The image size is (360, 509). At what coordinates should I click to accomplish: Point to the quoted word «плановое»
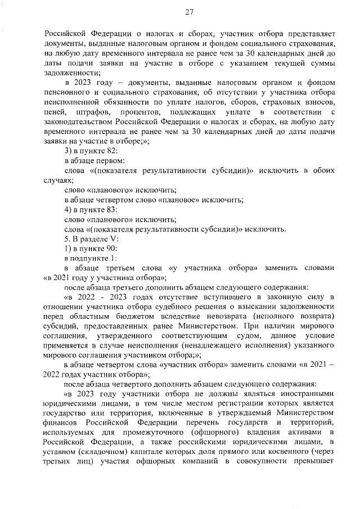tap(175, 199)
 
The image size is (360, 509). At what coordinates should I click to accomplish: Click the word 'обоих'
tap(323, 170)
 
